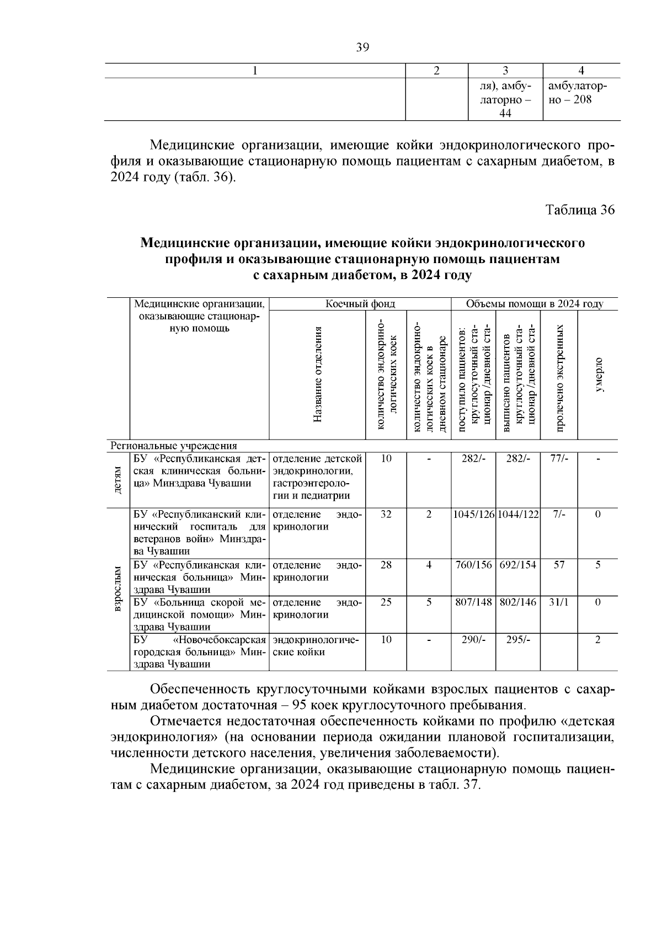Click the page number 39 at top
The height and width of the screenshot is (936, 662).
pos(362,47)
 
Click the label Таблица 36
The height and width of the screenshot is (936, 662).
pos(579,210)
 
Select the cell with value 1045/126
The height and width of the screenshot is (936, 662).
pos(473,515)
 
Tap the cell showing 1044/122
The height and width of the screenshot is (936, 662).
pos(518,515)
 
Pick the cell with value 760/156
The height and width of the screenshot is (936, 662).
pos(473,565)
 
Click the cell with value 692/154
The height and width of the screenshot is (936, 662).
pos(518,565)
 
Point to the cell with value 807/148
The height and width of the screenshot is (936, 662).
pos(473,603)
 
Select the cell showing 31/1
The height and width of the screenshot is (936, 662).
pos(559,603)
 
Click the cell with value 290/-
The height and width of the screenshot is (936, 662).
pos(473,640)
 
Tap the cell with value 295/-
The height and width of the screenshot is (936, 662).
pos(518,640)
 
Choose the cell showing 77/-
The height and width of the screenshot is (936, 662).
pos(559,459)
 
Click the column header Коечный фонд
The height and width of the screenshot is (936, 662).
pos(360,304)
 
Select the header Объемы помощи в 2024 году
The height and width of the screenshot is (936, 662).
pos(534,304)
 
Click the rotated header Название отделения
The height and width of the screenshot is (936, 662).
pos(318,375)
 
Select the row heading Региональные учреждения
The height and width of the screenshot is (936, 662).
pos(174,446)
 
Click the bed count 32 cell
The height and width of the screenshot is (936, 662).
pos(386,515)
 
